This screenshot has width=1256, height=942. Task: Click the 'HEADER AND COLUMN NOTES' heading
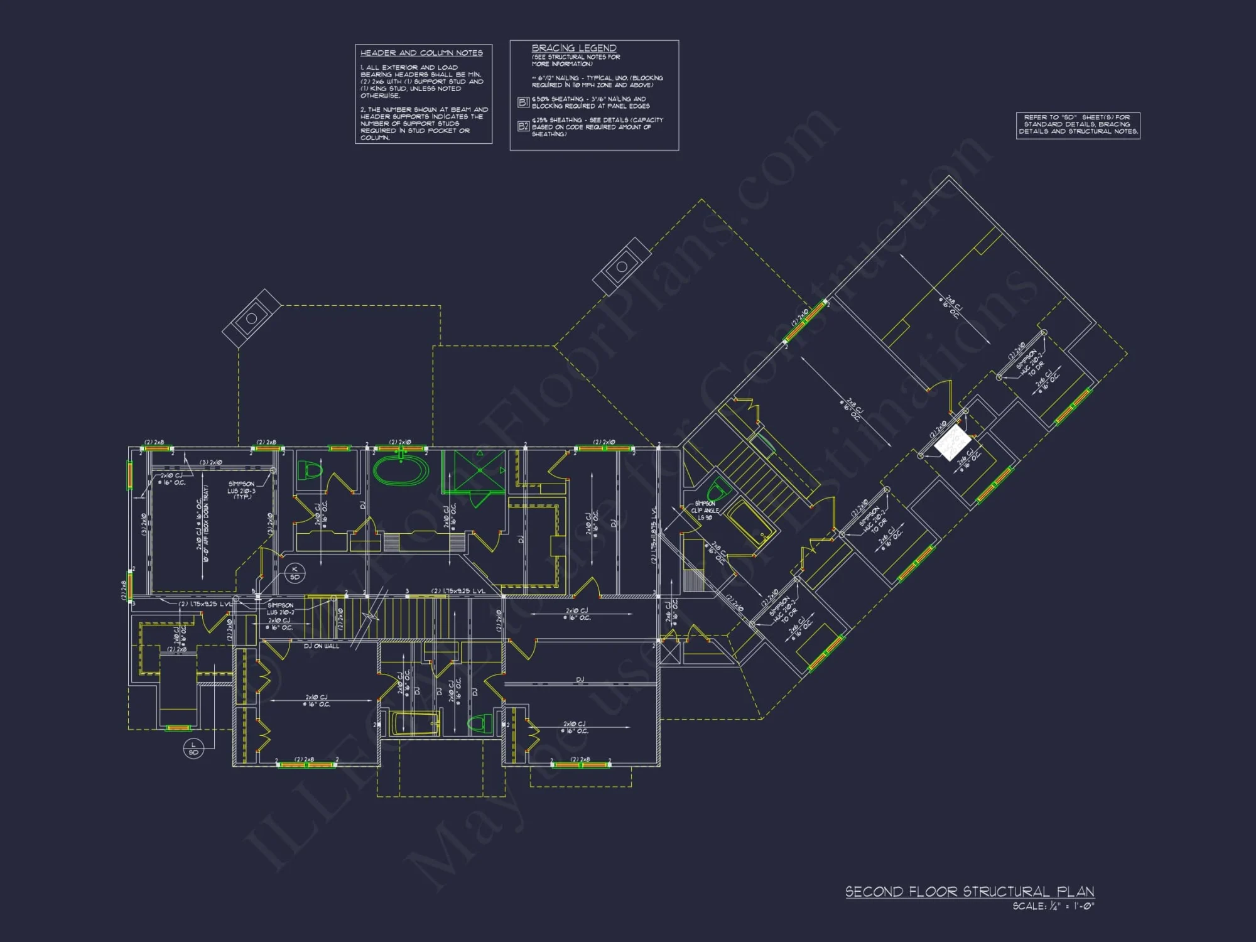[421, 53]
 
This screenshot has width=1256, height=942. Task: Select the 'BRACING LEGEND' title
[573, 48]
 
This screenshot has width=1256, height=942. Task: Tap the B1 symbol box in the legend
[523, 102]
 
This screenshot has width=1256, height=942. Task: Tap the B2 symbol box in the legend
[523, 126]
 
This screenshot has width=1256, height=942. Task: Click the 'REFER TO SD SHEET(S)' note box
[1078, 124]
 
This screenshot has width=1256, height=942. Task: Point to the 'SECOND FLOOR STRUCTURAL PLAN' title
[969, 891]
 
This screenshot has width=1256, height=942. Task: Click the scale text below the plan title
[1053, 906]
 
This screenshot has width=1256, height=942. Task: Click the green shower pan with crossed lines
[480, 470]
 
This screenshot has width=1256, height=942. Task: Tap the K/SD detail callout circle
[295, 573]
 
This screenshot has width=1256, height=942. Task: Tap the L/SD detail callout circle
[193, 748]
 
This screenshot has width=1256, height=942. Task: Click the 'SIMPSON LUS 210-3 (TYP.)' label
[242, 490]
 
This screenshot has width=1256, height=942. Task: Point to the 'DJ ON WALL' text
[322, 646]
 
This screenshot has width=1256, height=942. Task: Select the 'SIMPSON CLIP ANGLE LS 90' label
[705, 510]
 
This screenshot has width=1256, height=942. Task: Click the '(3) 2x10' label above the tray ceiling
[210, 462]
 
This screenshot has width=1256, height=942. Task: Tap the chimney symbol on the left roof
[251, 318]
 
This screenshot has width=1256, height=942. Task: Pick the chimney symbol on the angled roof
[622, 266]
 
